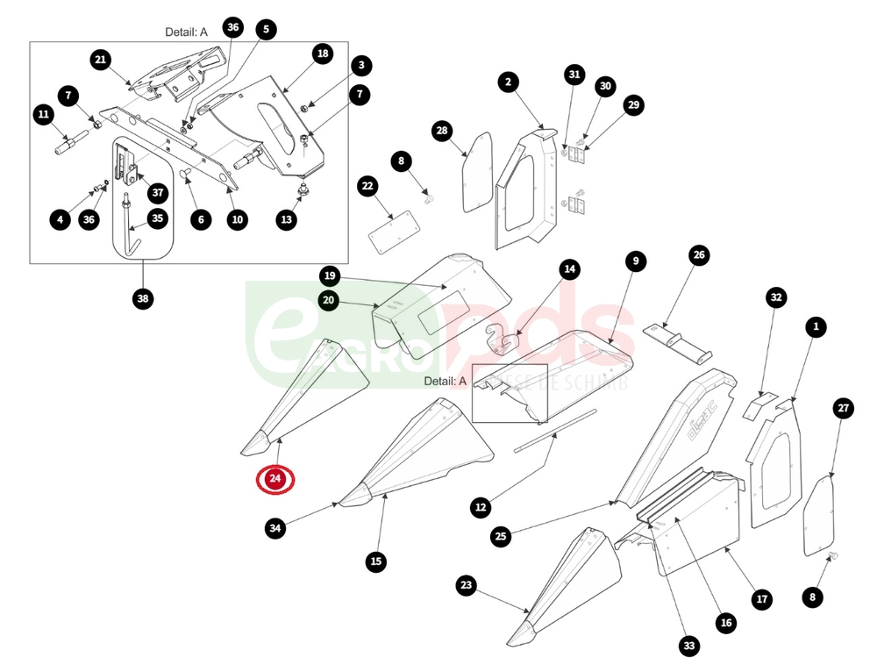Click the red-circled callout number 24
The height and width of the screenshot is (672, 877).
coord(275,479)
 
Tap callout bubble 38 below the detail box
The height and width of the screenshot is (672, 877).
coord(143,298)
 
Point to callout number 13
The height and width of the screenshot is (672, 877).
coord(287,220)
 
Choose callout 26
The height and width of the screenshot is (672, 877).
coord(698,256)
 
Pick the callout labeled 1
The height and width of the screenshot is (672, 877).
coord(816,326)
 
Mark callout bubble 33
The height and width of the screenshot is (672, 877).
coord(689,647)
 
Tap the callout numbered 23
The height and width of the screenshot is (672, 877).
coord(466,585)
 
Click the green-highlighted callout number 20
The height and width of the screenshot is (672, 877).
coord(329,300)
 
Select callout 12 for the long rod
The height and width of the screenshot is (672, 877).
coord(480,506)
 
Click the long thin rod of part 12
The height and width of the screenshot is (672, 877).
coord(553,430)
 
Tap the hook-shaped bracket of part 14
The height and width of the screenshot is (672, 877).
coord(500,339)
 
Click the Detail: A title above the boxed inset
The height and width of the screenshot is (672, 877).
coord(186,32)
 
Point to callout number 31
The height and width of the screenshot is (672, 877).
coord(574,75)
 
